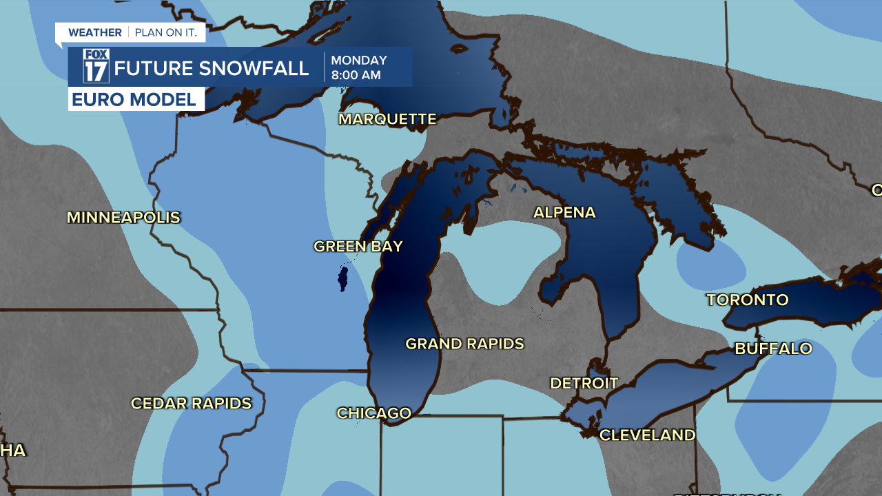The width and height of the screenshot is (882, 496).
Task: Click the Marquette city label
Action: click(387, 119)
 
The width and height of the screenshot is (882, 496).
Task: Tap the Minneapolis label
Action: click(123, 218)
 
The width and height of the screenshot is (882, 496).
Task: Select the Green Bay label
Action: click(358, 247)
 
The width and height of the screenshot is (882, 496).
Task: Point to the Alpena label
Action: click(564, 212)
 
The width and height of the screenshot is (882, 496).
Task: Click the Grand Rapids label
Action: click(464, 344)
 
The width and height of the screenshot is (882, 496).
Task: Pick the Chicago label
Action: click(373, 413)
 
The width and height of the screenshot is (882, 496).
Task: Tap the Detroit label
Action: click(584, 383)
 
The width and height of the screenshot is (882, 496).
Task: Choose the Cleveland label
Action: click(647, 435)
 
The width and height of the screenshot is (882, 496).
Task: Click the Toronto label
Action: click(747, 300)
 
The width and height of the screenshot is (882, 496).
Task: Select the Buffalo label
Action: click(773, 349)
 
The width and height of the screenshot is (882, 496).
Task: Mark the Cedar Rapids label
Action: click(191, 404)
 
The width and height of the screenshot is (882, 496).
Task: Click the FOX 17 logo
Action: click(96, 66)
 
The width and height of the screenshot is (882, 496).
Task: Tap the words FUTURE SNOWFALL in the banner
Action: click(212, 68)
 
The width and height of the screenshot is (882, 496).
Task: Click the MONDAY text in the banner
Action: click(359, 61)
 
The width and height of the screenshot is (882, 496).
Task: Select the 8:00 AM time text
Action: click(356, 75)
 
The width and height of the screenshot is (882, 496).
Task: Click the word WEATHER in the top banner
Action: click(94, 32)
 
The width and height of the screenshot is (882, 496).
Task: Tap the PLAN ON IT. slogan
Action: click(165, 32)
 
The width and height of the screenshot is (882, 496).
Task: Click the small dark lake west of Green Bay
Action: click(342, 279)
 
